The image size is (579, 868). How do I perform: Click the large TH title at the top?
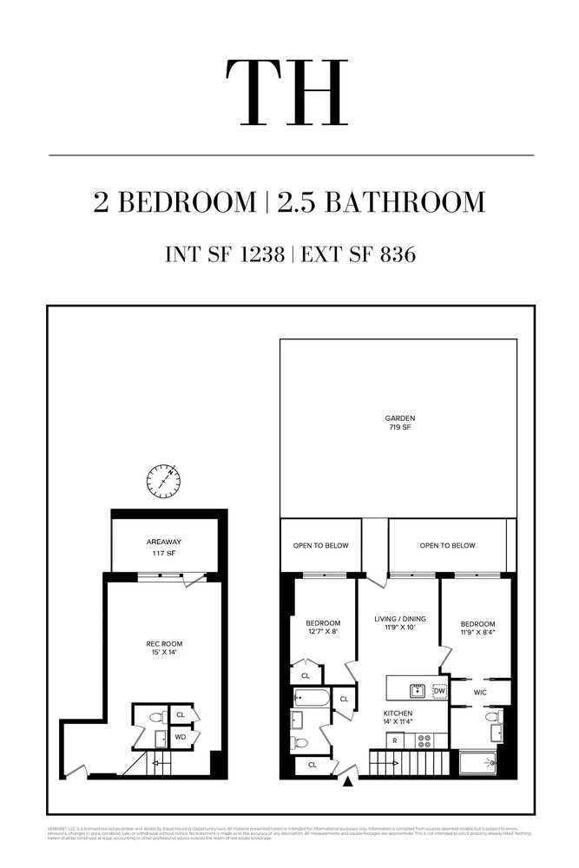click(x=287, y=94)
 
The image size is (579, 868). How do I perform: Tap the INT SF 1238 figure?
click(x=225, y=254)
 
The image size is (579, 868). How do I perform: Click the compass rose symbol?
click(x=163, y=482)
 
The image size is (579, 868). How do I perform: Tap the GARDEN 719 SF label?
click(x=400, y=423)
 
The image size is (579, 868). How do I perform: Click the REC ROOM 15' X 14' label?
click(x=164, y=648)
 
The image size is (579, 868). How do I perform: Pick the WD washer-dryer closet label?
click(x=181, y=737)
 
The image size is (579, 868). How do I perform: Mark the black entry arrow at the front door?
click(x=349, y=783)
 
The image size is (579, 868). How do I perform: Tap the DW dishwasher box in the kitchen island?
click(x=439, y=691)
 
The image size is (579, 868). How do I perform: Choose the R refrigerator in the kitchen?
click(x=394, y=741)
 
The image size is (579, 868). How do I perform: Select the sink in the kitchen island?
click(x=417, y=691)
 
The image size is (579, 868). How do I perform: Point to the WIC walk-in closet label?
click(x=480, y=693)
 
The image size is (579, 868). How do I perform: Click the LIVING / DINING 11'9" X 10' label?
click(x=397, y=623)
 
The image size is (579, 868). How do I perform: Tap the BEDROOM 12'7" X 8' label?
click(x=322, y=628)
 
